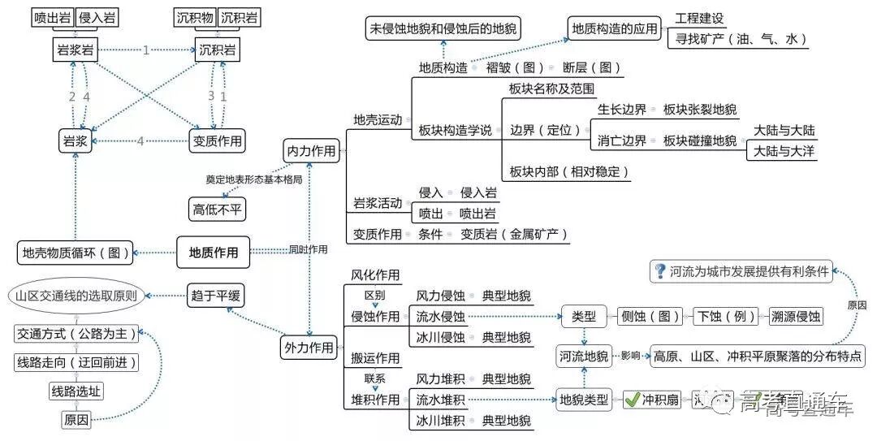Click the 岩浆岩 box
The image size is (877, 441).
click(x=76, y=50)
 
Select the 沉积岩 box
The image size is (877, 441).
click(x=218, y=50)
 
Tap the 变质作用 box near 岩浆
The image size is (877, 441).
click(x=216, y=141)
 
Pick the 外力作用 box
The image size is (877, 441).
click(x=308, y=348)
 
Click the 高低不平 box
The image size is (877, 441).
click(x=217, y=209)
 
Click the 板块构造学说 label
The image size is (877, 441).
click(x=455, y=130)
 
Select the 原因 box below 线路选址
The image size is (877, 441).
click(x=76, y=420)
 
